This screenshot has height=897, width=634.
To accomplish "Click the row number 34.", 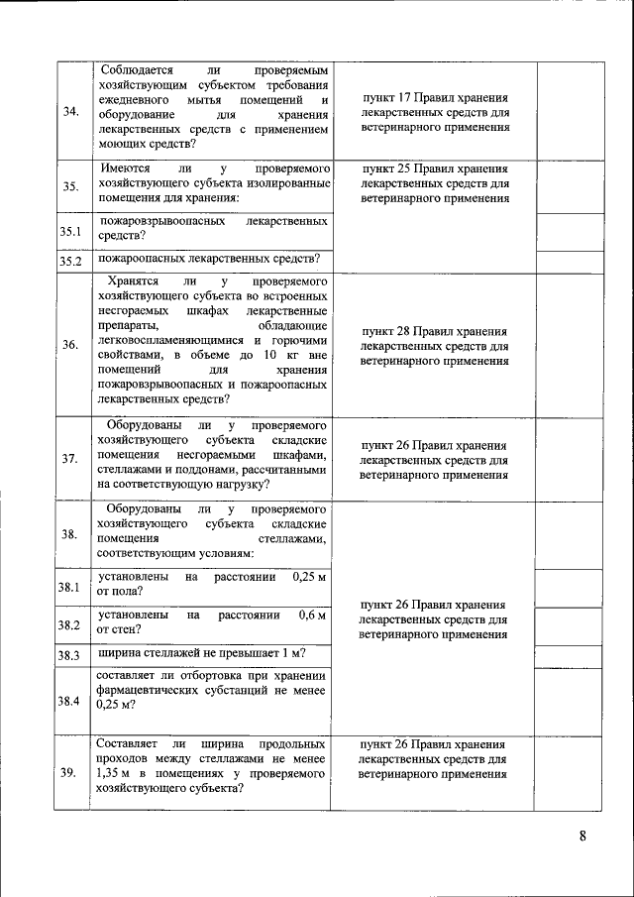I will (70, 111).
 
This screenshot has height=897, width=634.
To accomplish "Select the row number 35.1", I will (69, 232).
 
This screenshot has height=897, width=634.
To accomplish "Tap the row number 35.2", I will (69, 262).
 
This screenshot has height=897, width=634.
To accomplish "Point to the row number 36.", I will (70, 345).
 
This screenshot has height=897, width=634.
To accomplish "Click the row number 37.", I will (70, 458).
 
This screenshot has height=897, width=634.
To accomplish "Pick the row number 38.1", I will (68, 587).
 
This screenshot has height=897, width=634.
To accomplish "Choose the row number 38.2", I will (68, 624).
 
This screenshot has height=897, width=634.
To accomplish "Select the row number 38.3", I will (68, 655).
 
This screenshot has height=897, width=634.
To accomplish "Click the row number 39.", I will (70, 773).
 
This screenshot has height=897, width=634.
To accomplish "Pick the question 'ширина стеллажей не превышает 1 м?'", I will (201, 653).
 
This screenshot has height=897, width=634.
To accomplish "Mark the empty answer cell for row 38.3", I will (570, 655).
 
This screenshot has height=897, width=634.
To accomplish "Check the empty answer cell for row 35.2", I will (570, 262).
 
